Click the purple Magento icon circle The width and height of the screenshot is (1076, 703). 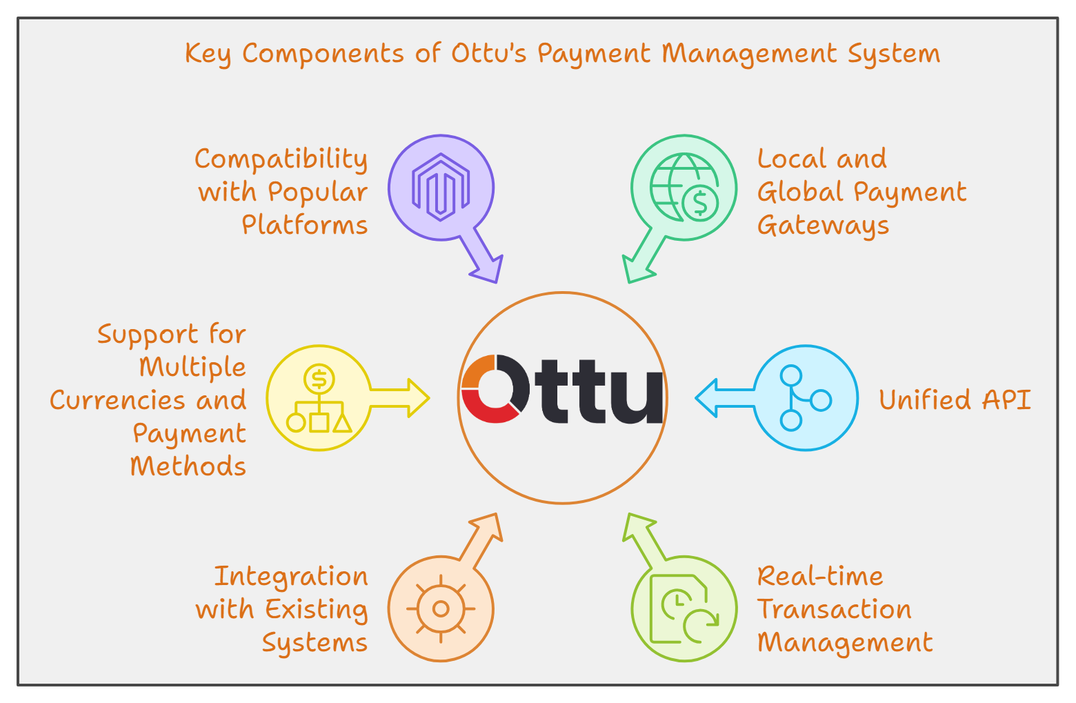tap(441, 188)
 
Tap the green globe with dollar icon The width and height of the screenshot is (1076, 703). tap(684, 188)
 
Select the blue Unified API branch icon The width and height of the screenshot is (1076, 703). tap(805, 398)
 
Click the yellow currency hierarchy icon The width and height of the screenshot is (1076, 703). tap(319, 398)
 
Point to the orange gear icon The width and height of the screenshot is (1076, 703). tap(441, 608)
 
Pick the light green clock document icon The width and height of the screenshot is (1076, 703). tap(684, 608)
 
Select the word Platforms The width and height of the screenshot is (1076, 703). tap(304, 225)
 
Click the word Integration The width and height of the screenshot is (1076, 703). tap(291, 577)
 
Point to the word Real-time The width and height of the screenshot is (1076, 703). tap(820, 575)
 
